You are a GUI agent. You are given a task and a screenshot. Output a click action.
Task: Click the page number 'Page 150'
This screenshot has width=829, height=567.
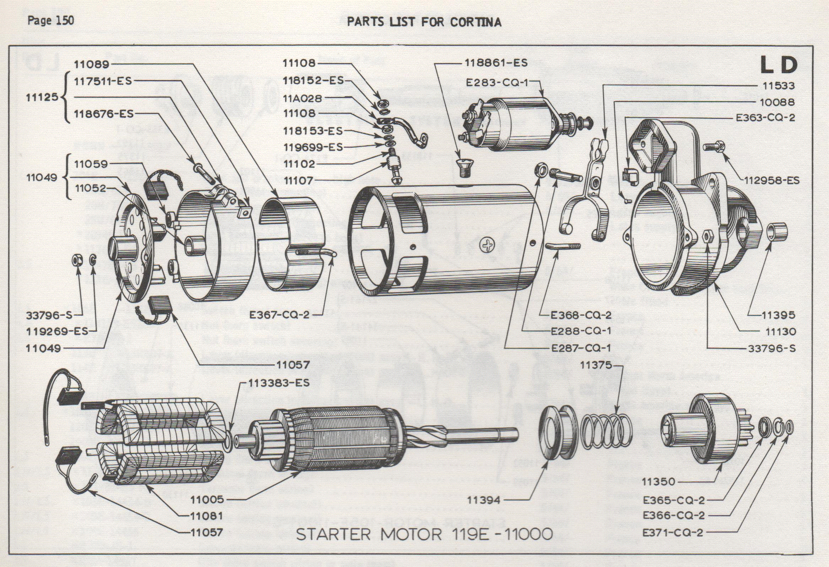(51, 21)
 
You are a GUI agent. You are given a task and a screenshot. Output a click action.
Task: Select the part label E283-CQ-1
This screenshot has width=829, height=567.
(497, 82)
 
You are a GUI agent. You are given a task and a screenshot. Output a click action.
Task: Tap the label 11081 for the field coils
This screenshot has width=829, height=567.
(206, 516)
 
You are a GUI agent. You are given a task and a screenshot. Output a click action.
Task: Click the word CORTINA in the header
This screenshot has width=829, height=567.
(476, 22)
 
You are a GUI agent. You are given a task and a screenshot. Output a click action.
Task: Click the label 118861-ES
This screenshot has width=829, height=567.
(496, 63)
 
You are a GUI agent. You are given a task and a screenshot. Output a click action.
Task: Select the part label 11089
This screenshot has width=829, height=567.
(91, 64)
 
